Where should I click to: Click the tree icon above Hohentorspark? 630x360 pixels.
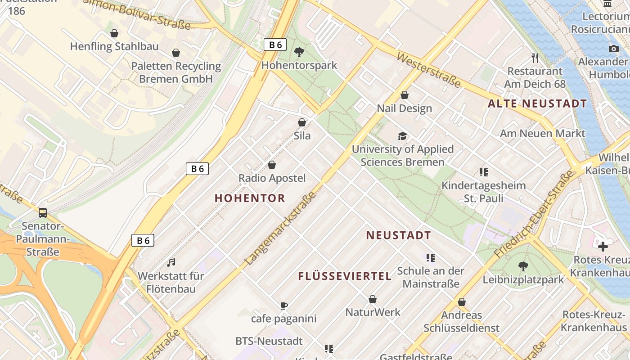(x=299, y=52)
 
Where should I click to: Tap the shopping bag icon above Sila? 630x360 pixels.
(x=302, y=122)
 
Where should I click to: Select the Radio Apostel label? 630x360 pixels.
(x=272, y=178)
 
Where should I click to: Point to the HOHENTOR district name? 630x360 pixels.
(x=250, y=198)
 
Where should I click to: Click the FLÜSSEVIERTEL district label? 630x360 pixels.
(x=345, y=276)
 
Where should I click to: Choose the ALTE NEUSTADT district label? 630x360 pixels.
(x=537, y=104)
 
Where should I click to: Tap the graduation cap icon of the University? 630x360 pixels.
(x=402, y=136)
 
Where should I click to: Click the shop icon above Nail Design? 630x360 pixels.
(x=405, y=95)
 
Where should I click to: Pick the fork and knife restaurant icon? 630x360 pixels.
(x=535, y=58)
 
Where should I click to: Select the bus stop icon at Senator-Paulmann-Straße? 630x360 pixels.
(x=43, y=213)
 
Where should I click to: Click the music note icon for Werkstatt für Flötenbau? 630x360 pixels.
(x=171, y=262)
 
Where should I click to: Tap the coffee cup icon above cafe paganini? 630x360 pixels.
(x=284, y=306)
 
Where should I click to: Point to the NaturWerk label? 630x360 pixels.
(x=373, y=312)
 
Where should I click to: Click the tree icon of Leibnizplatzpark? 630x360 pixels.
(x=523, y=266)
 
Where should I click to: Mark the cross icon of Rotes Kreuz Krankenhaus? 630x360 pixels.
(x=603, y=246)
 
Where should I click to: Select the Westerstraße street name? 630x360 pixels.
(x=429, y=71)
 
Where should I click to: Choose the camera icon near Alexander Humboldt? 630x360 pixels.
(x=613, y=49)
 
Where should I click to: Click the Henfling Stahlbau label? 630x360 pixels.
(x=114, y=46)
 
